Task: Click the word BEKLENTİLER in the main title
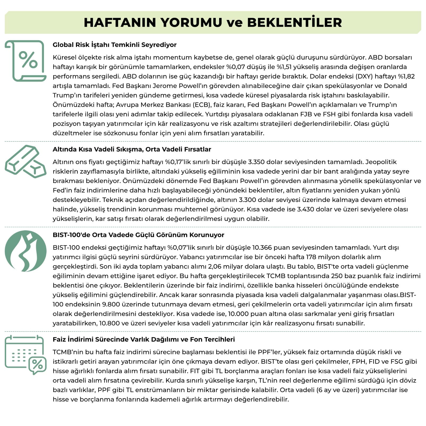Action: pos(294,22)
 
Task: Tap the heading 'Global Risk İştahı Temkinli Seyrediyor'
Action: pos(114,45)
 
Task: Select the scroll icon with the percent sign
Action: pos(26,61)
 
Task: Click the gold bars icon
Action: pos(25,161)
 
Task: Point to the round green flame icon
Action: pos(26,251)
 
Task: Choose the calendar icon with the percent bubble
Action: pos(26,355)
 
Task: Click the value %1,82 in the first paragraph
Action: pos(406,76)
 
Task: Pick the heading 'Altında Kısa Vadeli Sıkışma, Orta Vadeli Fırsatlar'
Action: pos(132,149)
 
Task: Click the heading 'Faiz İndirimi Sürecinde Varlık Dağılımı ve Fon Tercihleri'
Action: pos(144,339)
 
